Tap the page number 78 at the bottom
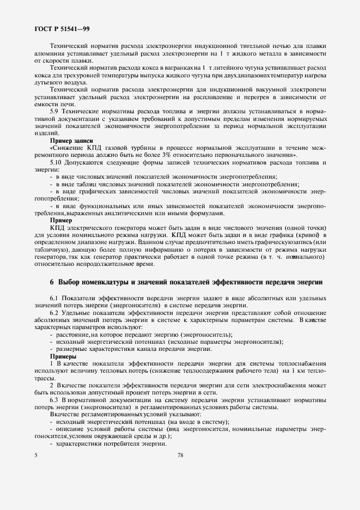point(180,456)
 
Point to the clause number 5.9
point(55,111)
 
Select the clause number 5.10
point(57,162)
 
